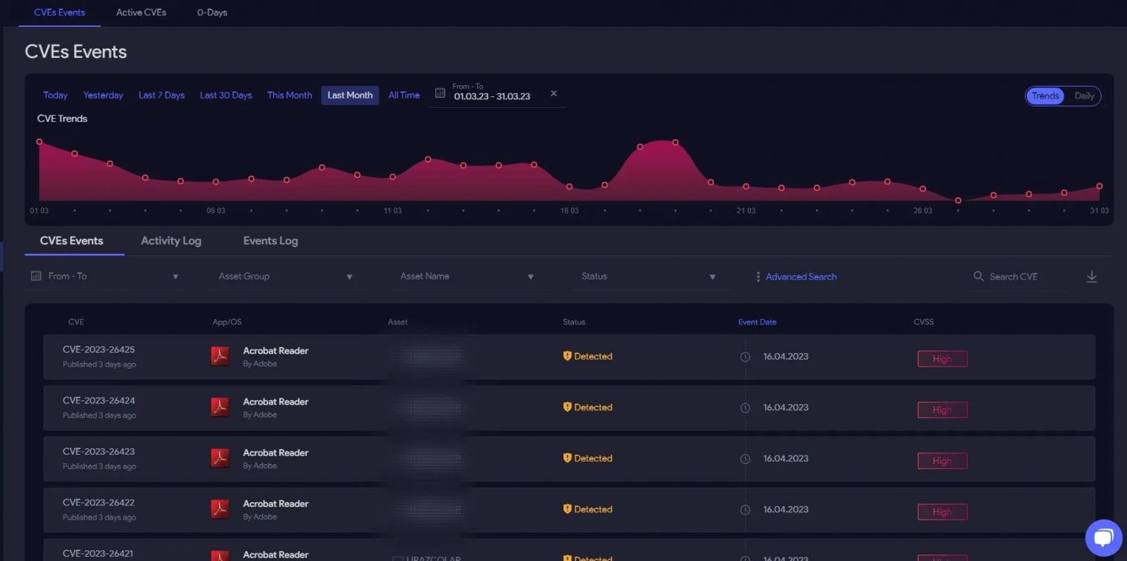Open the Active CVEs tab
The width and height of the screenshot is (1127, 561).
tap(141, 13)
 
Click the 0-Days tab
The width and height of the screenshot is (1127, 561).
tap(212, 13)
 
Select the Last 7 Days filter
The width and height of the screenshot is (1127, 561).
tap(161, 95)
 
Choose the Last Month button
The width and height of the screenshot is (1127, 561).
tap(350, 95)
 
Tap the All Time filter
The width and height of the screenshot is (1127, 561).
tap(404, 95)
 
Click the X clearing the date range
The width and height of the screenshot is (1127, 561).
tap(554, 94)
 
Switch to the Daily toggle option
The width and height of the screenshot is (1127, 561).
tap(1084, 96)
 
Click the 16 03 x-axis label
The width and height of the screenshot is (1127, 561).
tap(569, 210)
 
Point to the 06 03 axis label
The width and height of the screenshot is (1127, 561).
tap(216, 210)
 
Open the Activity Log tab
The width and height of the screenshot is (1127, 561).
tap(171, 241)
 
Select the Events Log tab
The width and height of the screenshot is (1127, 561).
tap(270, 241)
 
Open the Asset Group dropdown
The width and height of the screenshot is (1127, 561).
tap(285, 277)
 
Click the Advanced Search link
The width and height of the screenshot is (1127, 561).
tap(801, 277)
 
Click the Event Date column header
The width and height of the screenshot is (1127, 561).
tap(757, 322)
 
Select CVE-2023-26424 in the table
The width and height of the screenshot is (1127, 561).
tap(99, 401)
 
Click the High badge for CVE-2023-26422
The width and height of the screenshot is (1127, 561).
tap(942, 512)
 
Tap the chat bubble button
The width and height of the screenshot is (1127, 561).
tap(1103, 538)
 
